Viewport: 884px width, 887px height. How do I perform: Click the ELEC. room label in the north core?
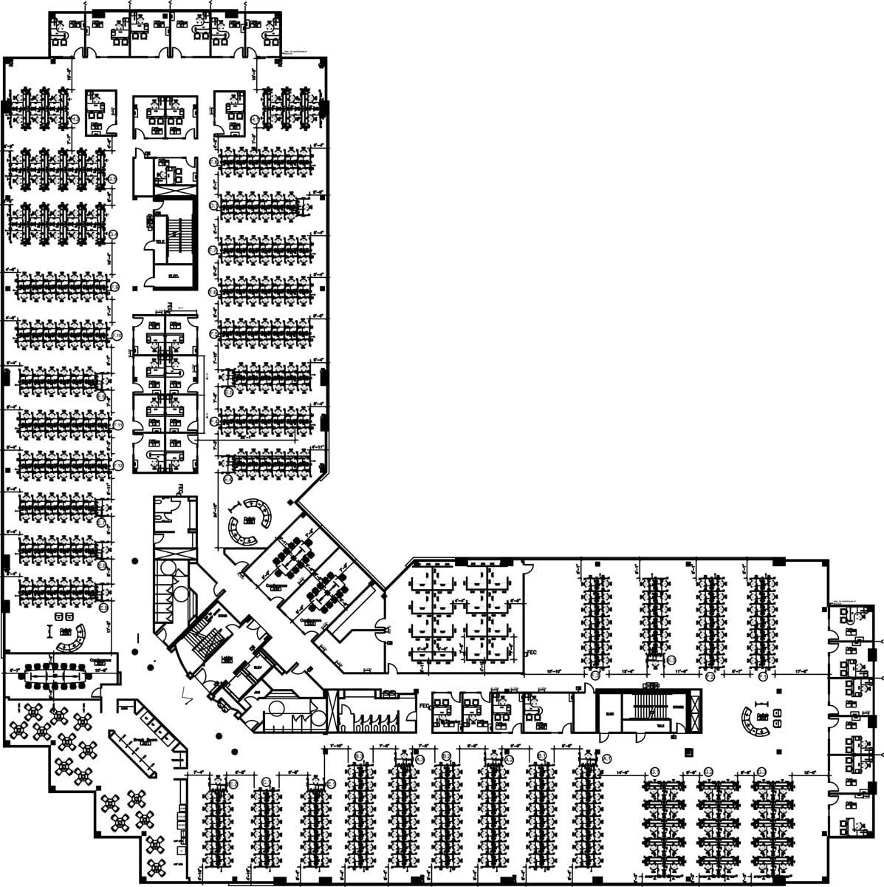point(175,276)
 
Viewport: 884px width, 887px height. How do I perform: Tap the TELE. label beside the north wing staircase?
point(160,242)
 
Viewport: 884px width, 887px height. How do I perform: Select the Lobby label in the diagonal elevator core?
point(227,657)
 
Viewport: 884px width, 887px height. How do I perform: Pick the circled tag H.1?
point(255,118)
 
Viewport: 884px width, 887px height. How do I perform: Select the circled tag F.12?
point(117,465)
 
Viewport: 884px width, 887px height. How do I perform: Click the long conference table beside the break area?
point(56,673)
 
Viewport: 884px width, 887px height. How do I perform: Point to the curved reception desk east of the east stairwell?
point(755,724)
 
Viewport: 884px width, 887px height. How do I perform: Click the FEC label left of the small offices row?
point(424,706)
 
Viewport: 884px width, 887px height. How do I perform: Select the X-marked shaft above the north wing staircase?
point(174,188)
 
